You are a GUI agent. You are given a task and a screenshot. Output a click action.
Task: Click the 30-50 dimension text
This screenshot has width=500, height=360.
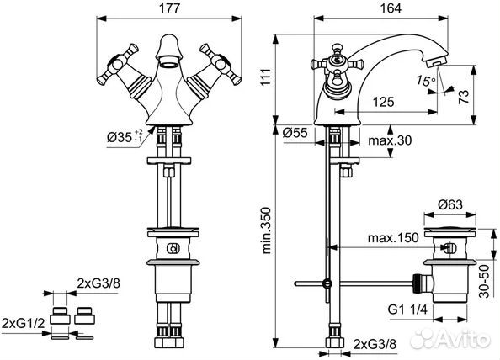(484, 279)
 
